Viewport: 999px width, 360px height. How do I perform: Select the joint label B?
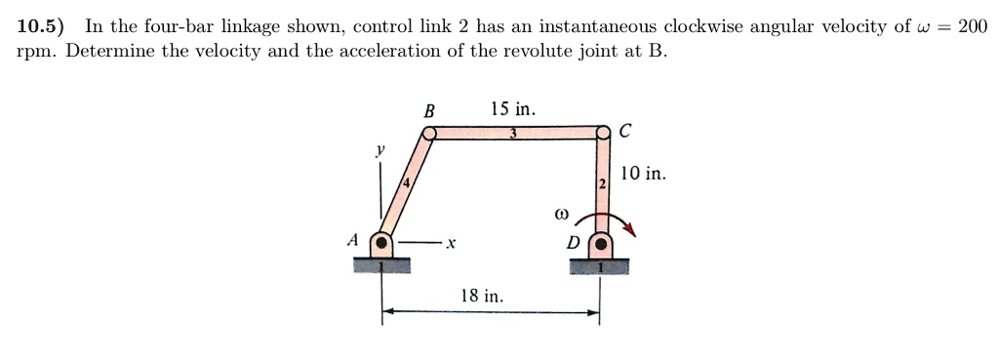428,111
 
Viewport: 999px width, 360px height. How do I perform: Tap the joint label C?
625,128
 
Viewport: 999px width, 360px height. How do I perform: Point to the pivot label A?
353,239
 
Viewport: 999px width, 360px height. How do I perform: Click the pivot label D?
574,241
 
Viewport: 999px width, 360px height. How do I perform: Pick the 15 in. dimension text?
513,108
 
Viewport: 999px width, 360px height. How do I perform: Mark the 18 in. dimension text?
482,295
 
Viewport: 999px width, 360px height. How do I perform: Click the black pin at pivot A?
382,241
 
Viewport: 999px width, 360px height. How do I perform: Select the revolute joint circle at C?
604,132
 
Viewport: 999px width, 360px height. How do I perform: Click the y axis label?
381,151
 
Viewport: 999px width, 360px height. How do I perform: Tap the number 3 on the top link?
513,134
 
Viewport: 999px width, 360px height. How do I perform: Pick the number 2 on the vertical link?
602,183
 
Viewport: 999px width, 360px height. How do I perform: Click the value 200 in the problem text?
974,26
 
